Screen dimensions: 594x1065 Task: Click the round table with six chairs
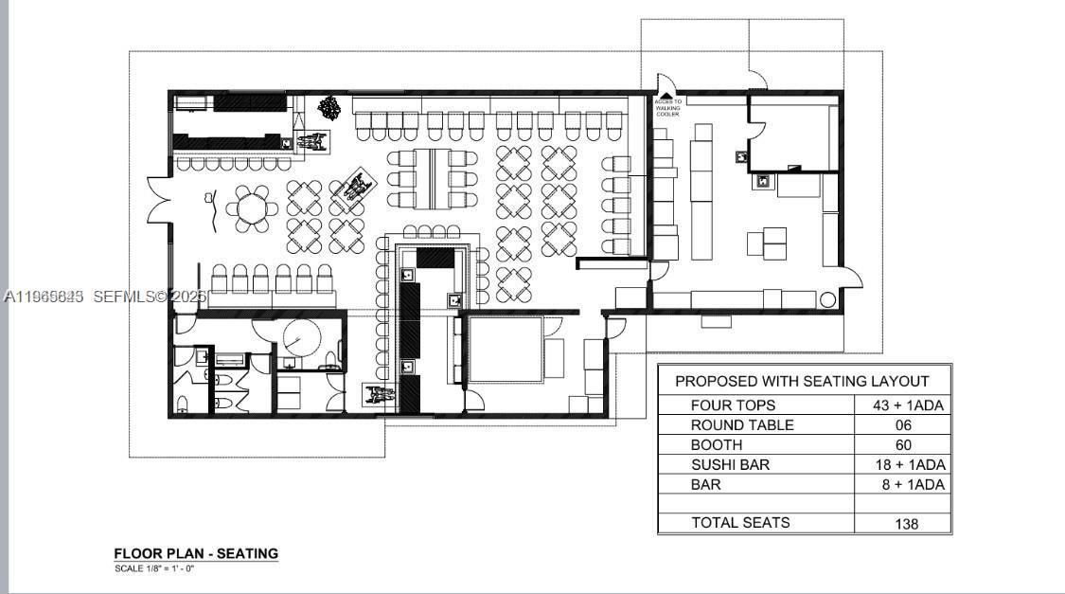click(253, 208)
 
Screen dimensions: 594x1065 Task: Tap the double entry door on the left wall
click(157, 201)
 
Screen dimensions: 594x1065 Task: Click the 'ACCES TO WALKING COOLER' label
click(666, 107)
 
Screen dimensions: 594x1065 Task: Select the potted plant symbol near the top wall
click(329, 106)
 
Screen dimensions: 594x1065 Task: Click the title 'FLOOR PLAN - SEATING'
click(196, 553)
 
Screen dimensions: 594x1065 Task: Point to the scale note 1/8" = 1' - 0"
click(154, 568)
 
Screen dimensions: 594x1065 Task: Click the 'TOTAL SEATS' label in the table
click(740, 522)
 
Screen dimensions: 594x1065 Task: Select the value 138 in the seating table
click(906, 523)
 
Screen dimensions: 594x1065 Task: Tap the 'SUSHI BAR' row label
click(730, 464)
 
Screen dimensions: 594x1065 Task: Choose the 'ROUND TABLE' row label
click(742, 425)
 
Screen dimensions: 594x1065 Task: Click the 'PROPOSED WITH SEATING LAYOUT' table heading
click(802, 381)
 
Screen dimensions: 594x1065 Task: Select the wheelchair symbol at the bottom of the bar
click(380, 394)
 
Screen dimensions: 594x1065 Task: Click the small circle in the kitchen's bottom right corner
click(827, 300)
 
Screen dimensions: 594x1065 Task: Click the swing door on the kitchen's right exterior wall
click(852, 278)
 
